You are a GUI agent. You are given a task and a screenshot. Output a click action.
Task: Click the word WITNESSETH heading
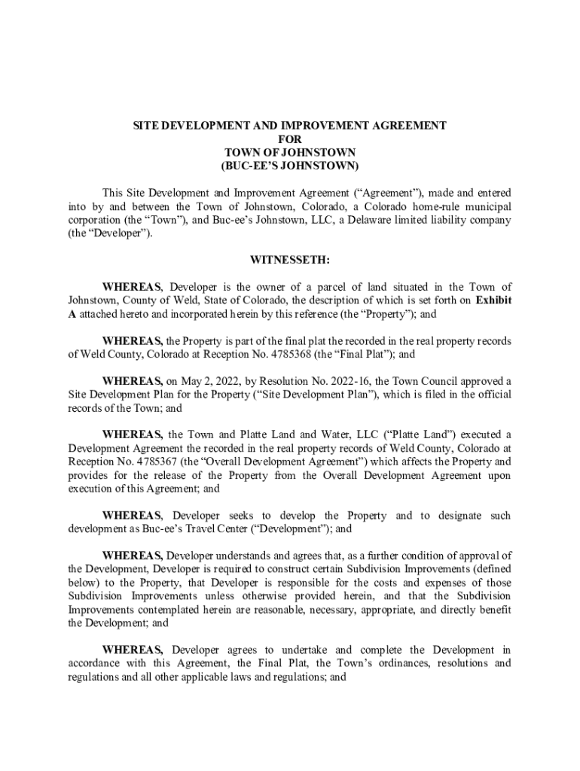(289, 260)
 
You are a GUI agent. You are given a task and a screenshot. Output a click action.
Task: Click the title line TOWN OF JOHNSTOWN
(289, 152)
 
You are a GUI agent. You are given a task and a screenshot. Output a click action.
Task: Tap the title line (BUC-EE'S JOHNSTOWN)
(289, 165)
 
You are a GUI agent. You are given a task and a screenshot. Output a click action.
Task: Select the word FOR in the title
(289, 139)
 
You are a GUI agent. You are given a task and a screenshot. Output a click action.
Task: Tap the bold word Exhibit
(491, 300)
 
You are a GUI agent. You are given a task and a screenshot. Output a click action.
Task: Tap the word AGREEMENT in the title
(398, 126)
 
